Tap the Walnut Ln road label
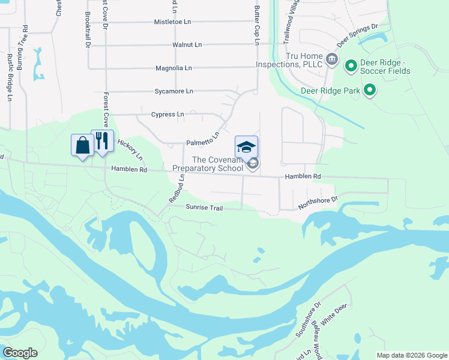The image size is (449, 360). click(x=187, y=44)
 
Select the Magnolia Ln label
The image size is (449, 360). click(x=173, y=68)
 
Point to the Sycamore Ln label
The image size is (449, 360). click(x=173, y=91)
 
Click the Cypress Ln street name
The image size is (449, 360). click(x=167, y=114)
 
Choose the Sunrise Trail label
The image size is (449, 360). click(x=204, y=208)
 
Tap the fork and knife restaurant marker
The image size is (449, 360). click(x=102, y=141)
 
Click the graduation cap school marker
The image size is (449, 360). click(x=246, y=147)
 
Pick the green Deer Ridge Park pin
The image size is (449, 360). click(x=370, y=91)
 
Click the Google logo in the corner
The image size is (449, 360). click(x=20, y=353)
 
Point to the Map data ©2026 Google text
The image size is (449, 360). click(x=412, y=355)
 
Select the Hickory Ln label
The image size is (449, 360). click(x=130, y=151)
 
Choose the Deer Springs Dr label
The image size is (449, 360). click(x=357, y=35)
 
